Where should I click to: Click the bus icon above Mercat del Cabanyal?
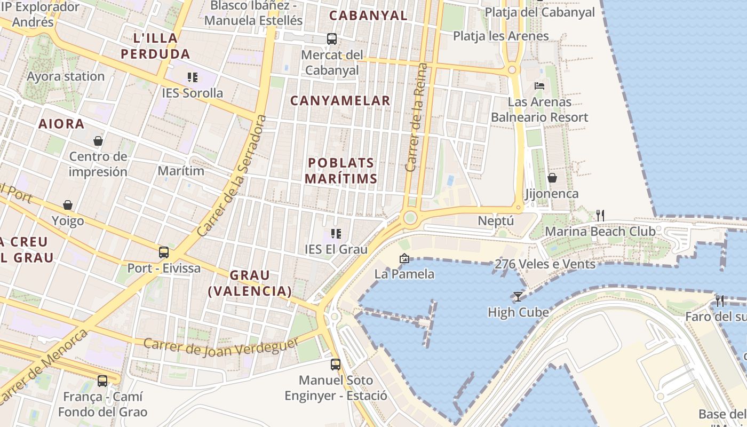(x=332, y=38)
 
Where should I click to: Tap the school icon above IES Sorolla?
(x=193, y=77)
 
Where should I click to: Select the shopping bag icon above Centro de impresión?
(x=98, y=141)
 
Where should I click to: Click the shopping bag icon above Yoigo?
(x=68, y=205)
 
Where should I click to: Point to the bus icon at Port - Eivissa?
(x=164, y=252)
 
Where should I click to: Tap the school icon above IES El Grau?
(x=336, y=233)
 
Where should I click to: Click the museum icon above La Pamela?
(x=404, y=259)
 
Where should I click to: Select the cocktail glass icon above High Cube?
(x=518, y=296)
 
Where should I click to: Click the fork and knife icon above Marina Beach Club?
(x=600, y=215)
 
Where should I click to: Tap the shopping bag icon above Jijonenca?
(x=552, y=177)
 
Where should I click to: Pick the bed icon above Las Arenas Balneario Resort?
(x=539, y=85)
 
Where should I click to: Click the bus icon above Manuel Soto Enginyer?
(x=335, y=365)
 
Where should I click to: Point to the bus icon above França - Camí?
(x=102, y=381)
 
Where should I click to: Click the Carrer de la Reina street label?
(x=417, y=117)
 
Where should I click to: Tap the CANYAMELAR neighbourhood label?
(x=340, y=100)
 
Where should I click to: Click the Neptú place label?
(x=496, y=220)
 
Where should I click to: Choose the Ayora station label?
(x=66, y=76)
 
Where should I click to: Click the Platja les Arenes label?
(x=500, y=36)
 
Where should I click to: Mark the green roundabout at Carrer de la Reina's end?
(x=410, y=217)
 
